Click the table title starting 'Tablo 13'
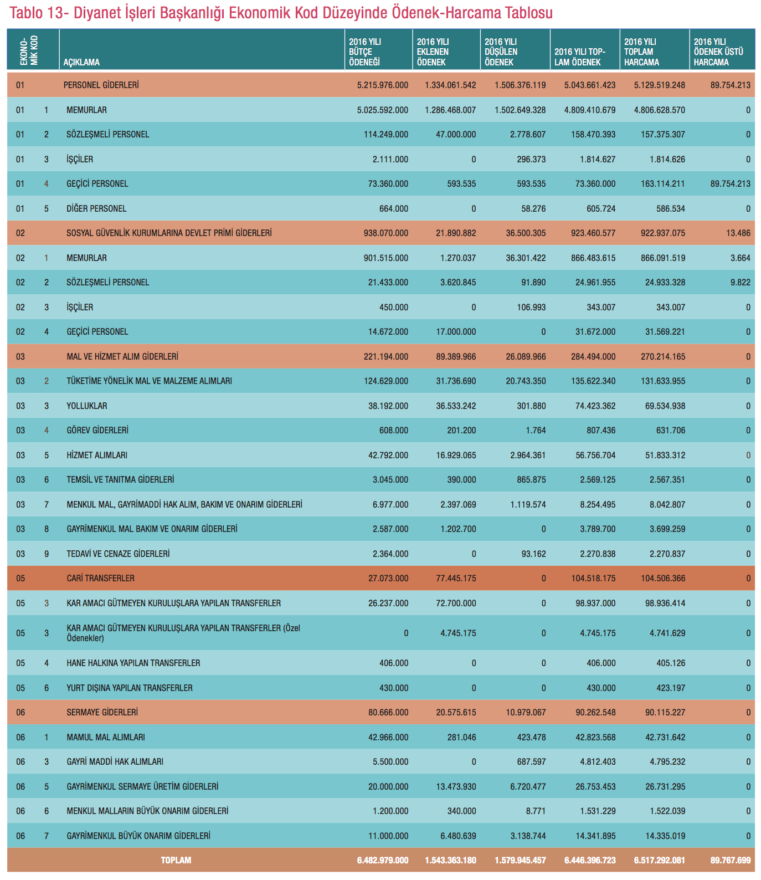(x=281, y=12)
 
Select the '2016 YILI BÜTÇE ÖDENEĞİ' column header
(x=365, y=52)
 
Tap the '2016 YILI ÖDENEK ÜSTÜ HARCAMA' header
(x=718, y=52)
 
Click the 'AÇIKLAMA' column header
(x=81, y=62)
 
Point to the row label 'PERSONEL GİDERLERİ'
(x=101, y=85)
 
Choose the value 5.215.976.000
(x=383, y=85)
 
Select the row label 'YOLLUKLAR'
(x=87, y=406)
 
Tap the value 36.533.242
(x=456, y=406)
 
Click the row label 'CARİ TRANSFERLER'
(x=100, y=579)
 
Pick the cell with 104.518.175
(x=593, y=579)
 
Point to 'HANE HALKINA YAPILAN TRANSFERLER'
(x=133, y=663)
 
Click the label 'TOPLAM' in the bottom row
(x=176, y=861)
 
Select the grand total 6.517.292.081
(x=659, y=861)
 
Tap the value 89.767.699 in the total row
(x=731, y=861)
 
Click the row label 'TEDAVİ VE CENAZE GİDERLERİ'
(x=118, y=554)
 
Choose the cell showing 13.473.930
(x=456, y=787)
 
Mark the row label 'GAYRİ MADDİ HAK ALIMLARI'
(x=115, y=762)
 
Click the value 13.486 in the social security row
(x=738, y=233)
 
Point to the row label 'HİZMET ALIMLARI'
(x=97, y=456)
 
